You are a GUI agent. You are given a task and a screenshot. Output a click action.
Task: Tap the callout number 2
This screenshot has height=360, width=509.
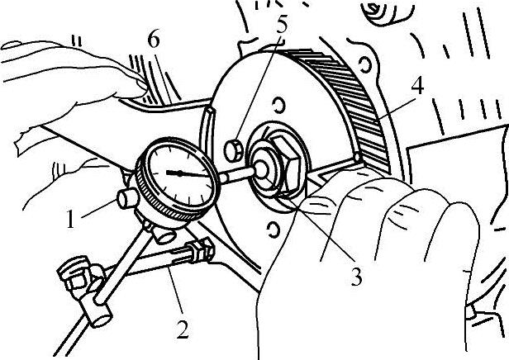click(x=183, y=330)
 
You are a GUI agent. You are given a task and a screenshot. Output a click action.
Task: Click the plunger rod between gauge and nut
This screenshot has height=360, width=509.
click(x=240, y=173)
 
